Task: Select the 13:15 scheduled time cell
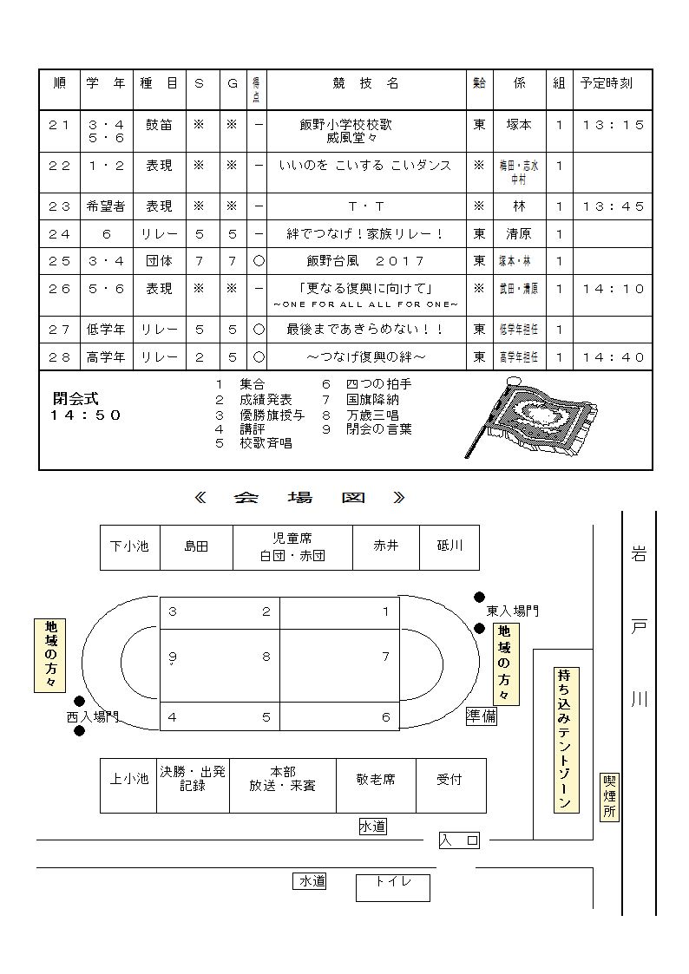tap(614, 125)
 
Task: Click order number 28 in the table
tap(59, 356)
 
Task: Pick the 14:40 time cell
tap(614, 356)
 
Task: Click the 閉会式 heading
tap(75, 399)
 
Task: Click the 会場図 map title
tap(300, 498)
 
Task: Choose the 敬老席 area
tap(376, 780)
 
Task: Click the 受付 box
tap(449, 780)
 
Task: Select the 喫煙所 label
tap(610, 797)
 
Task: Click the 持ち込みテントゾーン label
tap(567, 739)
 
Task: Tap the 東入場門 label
tap(512, 611)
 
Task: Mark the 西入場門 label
tap(92, 717)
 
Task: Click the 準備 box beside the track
tap(482, 716)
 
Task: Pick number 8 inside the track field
tap(266, 657)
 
